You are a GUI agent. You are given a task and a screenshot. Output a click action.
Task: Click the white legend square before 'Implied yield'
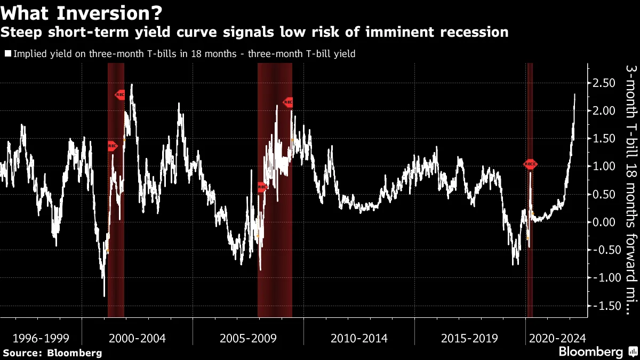tap(8, 53)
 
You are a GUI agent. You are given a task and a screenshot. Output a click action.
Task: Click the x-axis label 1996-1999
tap(41, 338)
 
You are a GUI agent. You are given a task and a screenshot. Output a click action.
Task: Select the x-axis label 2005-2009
tap(248, 338)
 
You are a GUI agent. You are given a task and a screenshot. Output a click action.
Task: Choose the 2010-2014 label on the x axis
tap(359, 338)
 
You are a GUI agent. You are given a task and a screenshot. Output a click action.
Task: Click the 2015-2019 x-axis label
tap(469, 338)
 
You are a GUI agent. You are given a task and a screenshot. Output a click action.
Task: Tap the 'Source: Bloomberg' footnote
tap(52, 353)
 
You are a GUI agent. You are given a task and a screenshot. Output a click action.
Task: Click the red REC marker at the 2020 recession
tap(530, 165)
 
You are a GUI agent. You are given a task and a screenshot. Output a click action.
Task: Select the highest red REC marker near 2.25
tap(121, 95)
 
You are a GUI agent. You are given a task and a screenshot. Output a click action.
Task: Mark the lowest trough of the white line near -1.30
tap(104, 295)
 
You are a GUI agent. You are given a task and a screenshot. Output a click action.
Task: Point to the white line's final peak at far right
tap(575, 94)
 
